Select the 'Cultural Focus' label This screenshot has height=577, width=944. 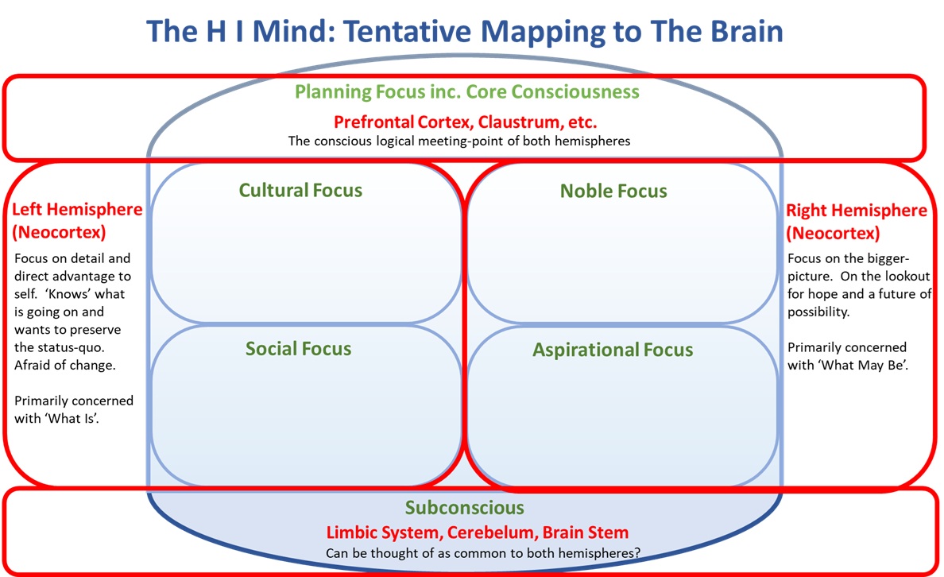(x=300, y=191)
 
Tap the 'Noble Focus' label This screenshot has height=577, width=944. (x=613, y=191)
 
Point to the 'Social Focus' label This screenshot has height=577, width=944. (x=298, y=349)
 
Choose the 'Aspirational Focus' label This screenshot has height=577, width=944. (x=613, y=350)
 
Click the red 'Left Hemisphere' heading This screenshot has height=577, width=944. (x=77, y=210)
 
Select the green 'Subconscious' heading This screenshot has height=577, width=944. (x=465, y=508)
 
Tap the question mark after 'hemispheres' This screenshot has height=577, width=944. (x=636, y=552)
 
